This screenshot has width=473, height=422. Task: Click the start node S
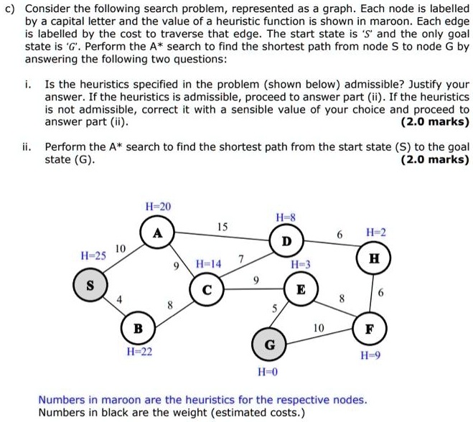pos(90,285)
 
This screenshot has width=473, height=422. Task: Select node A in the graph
pos(157,233)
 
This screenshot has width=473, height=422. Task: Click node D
pos(286,240)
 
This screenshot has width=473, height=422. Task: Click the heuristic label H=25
pos(93,255)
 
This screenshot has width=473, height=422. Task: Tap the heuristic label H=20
pos(158,206)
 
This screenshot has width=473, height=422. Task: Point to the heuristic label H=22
pos(139,352)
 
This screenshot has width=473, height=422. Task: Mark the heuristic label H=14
pos(208,264)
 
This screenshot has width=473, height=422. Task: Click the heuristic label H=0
pos(270,372)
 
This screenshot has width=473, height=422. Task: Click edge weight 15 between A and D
pos(223,228)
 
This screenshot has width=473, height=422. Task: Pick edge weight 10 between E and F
pos(318,327)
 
